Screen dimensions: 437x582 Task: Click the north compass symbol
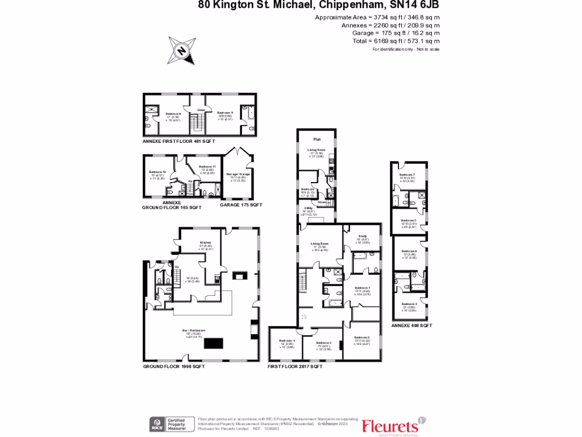point(182,50)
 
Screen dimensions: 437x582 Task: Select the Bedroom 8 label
point(173,113)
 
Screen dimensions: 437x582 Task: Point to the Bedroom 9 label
point(225,113)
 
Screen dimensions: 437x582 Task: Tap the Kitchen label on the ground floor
point(205,242)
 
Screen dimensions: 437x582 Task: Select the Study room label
point(363,236)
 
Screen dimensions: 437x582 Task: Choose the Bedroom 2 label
point(362,337)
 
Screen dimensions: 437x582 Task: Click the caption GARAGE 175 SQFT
point(241,205)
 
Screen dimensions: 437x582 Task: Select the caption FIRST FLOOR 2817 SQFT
point(295,367)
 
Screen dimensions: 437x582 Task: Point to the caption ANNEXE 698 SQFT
point(412,325)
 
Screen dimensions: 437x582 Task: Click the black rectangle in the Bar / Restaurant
point(214,343)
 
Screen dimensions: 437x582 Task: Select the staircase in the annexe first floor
point(197,122)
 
